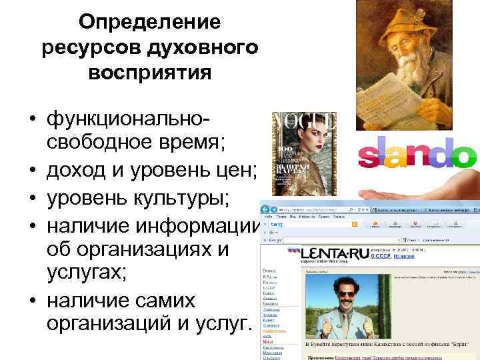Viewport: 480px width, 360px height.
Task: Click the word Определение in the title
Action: tap(149, 22)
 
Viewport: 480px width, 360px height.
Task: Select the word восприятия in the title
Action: tap(149, 71)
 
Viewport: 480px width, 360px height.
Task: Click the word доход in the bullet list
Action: tap(71, 175)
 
